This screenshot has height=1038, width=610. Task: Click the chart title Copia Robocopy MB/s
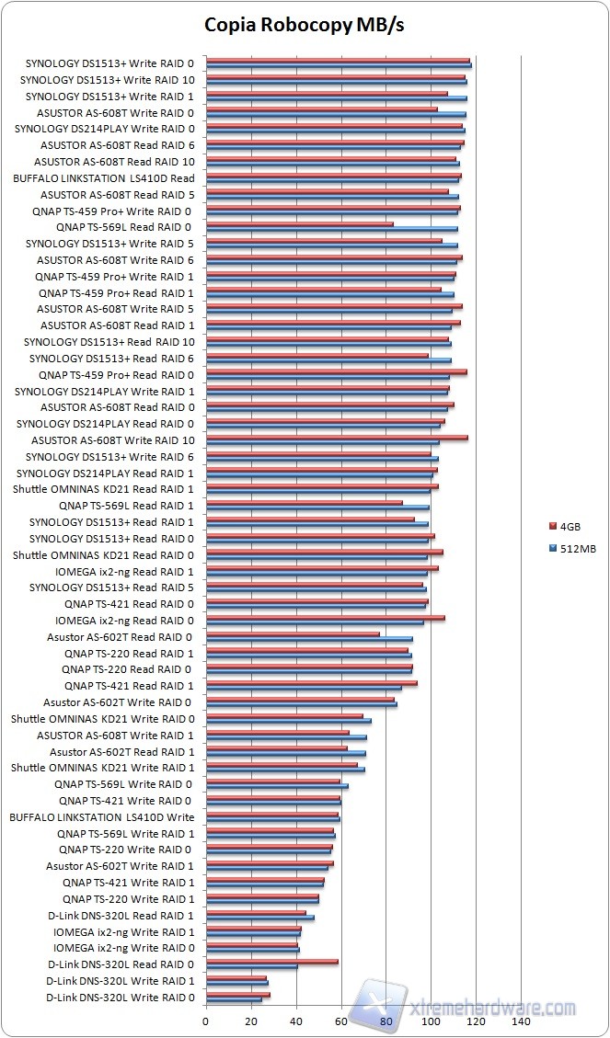coord(304,24)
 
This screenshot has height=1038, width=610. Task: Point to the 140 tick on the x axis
coord(521,1021)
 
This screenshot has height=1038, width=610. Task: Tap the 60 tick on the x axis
coord(341,1021)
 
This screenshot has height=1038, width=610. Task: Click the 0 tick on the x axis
coord(206,1021)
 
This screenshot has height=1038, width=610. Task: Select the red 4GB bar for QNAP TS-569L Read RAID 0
coord(299,223)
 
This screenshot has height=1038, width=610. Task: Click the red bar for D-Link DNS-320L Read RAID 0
coord(271,962)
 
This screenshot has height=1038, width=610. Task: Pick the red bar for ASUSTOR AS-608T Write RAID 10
coord(337,438)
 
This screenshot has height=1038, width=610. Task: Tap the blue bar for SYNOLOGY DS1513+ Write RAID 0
coord(339,66)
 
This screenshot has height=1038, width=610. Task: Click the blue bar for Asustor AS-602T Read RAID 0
coord(309,639)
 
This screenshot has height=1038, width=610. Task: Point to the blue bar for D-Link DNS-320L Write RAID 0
coord(234,1000)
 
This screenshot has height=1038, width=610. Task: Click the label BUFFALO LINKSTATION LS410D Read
coord(104,178)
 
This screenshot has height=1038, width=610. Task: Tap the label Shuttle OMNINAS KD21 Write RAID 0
coord(103,718)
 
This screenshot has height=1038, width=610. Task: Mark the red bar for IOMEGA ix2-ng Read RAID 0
coord(326,618)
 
